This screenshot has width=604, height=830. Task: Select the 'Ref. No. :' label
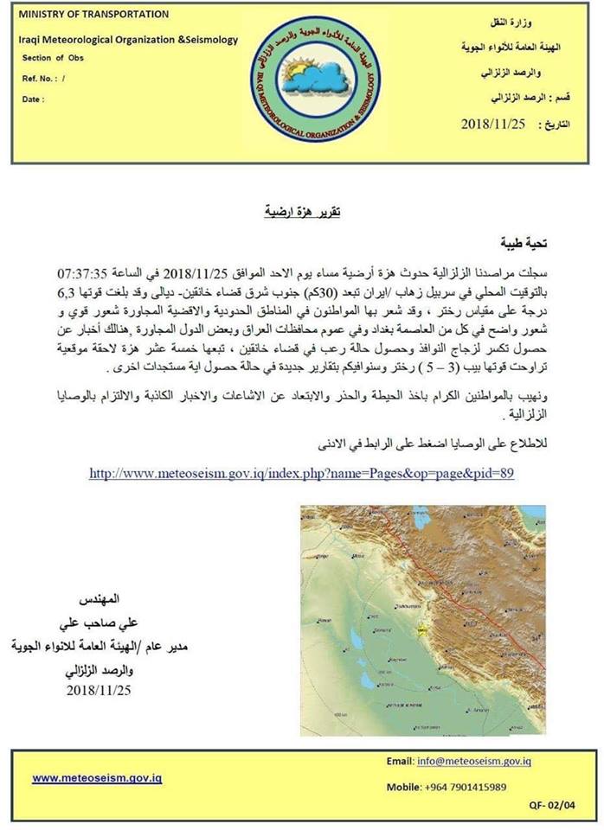point(44,78)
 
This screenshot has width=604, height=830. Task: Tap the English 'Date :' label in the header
point(33,99)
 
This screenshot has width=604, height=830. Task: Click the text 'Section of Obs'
point(54,58)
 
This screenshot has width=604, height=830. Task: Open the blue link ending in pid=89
point(302,473)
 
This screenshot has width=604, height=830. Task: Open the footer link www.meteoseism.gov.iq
point(97,777)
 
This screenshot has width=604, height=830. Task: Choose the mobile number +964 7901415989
point(466,787)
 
